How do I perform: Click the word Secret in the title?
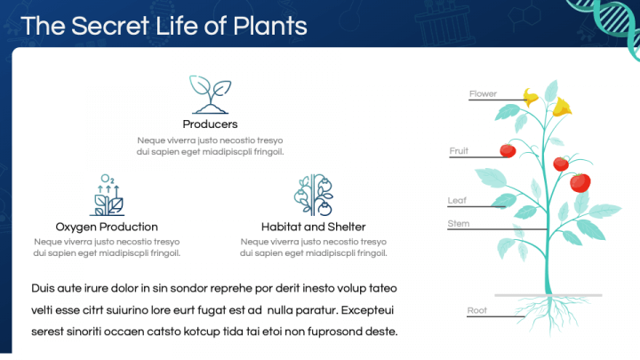click(110, 26)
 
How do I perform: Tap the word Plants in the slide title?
click(270, 26)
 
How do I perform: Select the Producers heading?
click(210, 124)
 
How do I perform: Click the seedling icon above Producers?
click(210, 94)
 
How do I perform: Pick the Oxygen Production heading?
click(107, 227)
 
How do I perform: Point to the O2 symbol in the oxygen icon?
click(108, 179)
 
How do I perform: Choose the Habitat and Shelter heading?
click(314, 227)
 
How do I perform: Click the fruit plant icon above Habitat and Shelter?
click(314, 195)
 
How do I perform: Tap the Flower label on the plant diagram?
click(483, 94)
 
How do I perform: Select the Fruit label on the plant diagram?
click(459, 151)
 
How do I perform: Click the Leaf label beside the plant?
click(457, 200)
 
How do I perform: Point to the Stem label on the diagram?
click(459, 224)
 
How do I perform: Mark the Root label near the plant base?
click(477, 310)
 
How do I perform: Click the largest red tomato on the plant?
click(580, 182)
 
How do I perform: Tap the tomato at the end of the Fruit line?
click(508, 150)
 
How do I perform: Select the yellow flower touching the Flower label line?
click(531, 97)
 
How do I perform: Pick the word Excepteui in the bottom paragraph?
click(367, 310)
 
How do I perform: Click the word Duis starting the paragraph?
click(43, 289)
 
